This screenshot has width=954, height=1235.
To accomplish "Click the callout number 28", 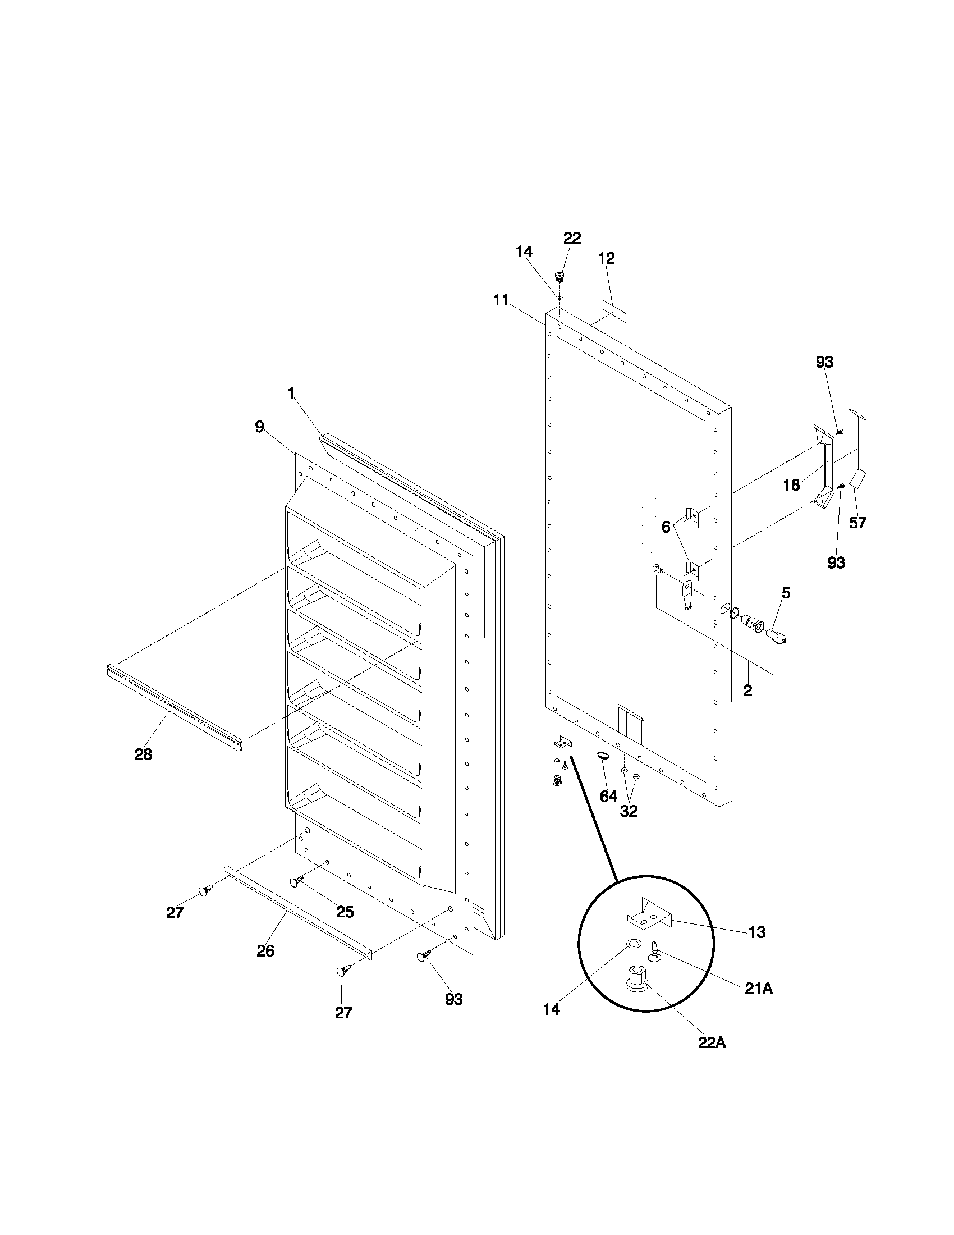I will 143,754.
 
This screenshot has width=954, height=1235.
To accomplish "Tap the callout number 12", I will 607,258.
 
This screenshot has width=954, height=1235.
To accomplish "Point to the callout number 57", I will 857,523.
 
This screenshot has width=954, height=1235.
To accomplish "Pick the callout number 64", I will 608,796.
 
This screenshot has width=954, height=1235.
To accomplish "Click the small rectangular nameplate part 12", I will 614,311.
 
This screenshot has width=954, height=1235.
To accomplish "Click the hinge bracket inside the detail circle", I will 649,916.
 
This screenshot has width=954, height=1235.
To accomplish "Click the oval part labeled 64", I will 603,756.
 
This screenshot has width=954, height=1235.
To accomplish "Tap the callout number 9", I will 259,427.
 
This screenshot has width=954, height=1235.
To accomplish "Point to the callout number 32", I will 629,812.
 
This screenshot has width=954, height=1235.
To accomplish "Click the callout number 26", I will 265,951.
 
